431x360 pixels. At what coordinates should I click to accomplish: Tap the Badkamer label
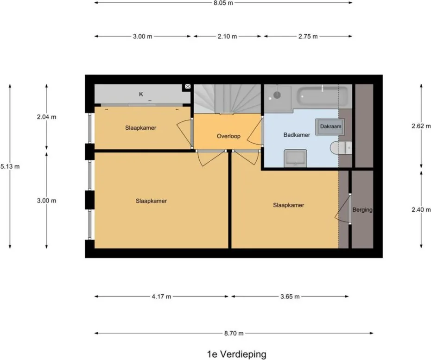[296, 135]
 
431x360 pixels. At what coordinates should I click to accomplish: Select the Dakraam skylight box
[330, 126]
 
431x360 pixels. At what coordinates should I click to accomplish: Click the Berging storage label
[362, 210]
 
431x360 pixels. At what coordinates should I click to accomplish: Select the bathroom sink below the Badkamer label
[295, 157]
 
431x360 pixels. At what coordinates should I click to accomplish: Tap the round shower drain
[277, 95]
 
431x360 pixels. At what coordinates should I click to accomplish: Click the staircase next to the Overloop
[227, 99]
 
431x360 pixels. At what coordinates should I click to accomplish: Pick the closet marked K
[141, 95]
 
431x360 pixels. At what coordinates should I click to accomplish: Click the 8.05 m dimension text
[223, 2]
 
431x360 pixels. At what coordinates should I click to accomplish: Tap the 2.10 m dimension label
[227, 37]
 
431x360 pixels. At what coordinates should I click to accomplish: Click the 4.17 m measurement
[161, 297]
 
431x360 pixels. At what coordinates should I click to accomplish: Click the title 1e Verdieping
[236, 354]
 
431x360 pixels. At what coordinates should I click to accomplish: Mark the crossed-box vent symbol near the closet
[188, 87]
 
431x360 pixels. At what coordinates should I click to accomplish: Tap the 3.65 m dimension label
[289, 297]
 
